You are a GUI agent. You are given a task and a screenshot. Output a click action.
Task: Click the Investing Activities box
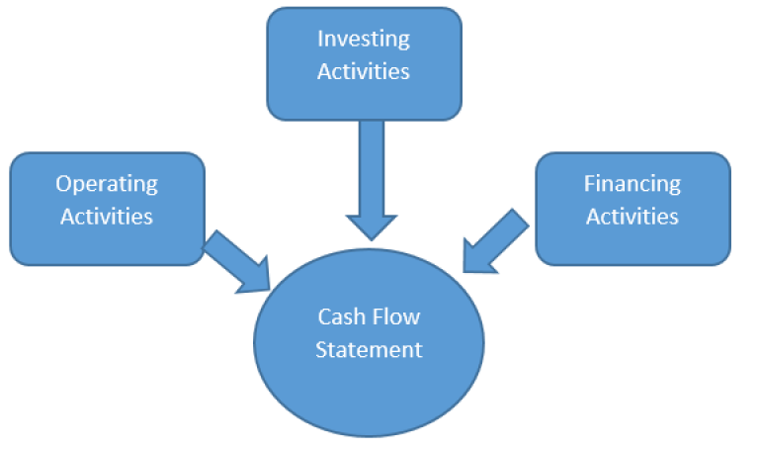pos(364,63)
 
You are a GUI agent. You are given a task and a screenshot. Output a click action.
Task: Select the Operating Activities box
pos(107,208)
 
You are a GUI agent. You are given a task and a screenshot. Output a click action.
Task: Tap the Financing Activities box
pos(632,208)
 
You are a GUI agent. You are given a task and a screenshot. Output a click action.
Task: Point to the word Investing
pos(364,39)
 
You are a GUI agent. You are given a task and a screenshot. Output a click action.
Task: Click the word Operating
pos(107,183)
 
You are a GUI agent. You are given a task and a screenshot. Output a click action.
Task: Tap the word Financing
pos(632,183)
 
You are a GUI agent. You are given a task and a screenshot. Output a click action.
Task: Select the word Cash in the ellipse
pos(339,316)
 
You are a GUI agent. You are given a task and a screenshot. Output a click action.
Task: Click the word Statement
pos(369,349)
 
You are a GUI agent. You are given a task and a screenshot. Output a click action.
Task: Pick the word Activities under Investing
pos(364,71)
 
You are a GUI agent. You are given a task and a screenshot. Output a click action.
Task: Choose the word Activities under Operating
pos(107,216)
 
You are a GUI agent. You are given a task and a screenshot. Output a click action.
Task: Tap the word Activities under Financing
pos(632,216)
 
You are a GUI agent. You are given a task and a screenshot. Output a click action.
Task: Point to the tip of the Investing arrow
pos(371,238)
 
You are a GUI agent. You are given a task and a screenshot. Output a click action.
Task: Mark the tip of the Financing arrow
pos(464,269)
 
